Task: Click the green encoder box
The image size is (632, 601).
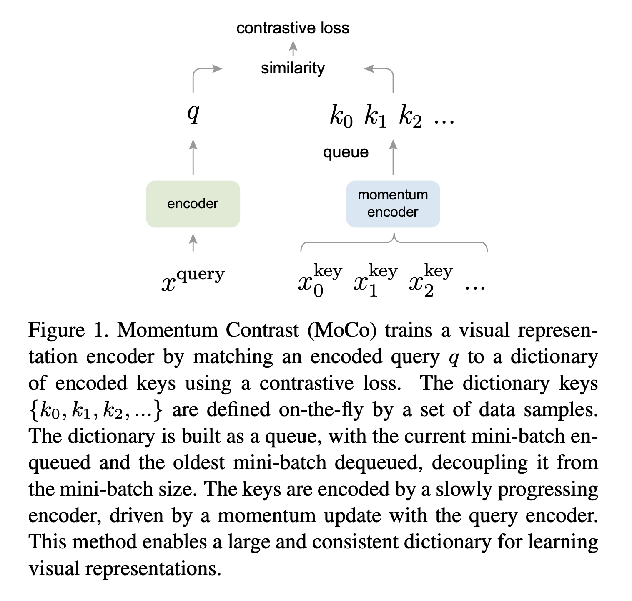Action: click(193, 204)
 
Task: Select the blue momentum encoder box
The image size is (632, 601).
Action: click(393, 204)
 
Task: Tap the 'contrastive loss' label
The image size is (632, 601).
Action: click(293, 28)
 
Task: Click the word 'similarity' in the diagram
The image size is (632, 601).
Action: click(293, 68)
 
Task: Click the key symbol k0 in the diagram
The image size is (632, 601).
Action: click(341, 116)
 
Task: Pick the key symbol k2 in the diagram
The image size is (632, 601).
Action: click(410, 116)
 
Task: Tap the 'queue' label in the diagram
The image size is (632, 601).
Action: click(346, 152)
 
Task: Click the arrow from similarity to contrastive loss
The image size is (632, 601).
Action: click(293, 48)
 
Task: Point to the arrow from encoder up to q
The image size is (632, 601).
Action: click(193, 157)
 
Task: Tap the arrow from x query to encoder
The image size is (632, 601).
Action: click(193, 242)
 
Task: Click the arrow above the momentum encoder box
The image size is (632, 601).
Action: click(393, 157)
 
